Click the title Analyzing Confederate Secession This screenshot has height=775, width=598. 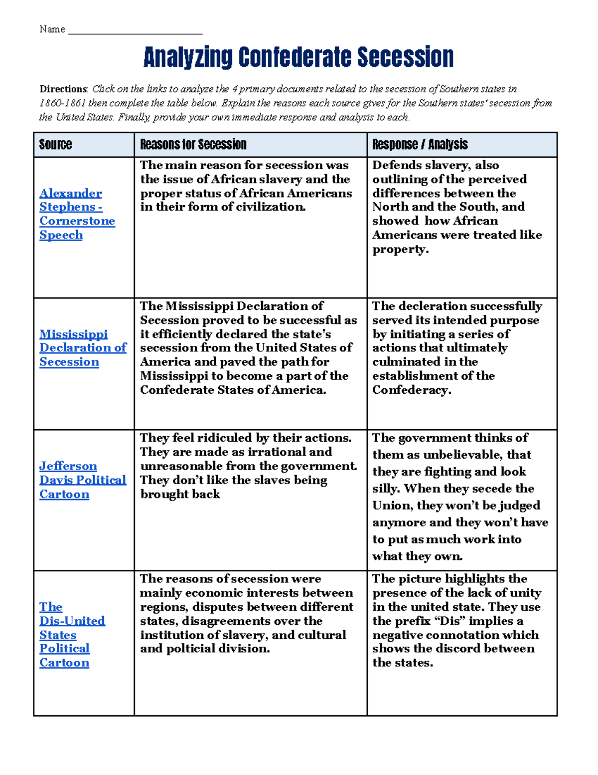click(x=298, y=57)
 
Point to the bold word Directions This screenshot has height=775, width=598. click(x=63, y=89)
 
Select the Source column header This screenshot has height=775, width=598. click(x=55, y=145)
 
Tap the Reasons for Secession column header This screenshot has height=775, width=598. click(x=193, y=145)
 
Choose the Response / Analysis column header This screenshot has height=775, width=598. click(x=420, y=145)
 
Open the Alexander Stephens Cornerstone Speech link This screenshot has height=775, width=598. click(x=77, y=214)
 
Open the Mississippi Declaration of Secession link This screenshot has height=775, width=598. click(x=82, y=348)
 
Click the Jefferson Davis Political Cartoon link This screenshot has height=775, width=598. click(x=82, y=480)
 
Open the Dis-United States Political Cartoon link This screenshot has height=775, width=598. click(x=72, y=634)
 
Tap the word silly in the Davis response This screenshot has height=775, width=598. click(x=386, y=489)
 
